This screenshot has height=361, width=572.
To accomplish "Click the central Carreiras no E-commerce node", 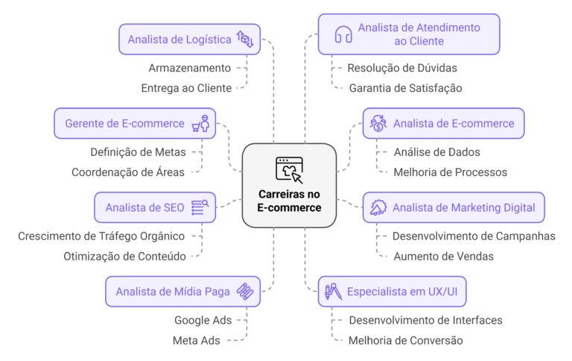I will [289, 185].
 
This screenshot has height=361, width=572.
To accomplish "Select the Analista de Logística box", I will [190, 40].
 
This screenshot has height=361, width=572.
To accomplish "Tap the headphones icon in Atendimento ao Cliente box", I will [343, 34].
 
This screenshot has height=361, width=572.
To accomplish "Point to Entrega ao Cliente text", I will [186, 88].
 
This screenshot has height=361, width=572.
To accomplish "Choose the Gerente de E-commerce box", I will [135, 124].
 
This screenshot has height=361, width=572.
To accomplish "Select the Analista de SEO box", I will [155, 207].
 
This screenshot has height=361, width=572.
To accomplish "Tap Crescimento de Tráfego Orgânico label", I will [101, 236].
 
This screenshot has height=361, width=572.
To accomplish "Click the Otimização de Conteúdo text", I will [124, 256].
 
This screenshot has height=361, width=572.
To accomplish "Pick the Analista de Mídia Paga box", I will [182, 292].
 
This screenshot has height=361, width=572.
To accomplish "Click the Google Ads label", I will [203, 320].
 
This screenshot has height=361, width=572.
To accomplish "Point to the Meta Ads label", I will [197, 340].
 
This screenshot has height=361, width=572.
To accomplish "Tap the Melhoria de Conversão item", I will [405, 340].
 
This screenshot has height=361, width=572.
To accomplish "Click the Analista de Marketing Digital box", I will [454, 207].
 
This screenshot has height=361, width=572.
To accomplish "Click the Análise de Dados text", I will [436, 152].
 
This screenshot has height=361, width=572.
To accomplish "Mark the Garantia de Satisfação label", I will [405, 88].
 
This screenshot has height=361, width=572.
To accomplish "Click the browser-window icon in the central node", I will [289, 169].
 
